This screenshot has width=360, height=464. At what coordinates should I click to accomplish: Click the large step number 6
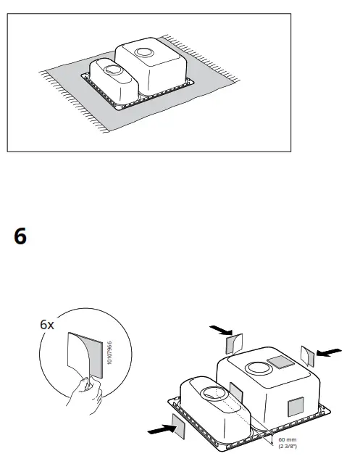coord(20,237)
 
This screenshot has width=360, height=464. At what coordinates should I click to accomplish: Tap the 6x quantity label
coord(47,325)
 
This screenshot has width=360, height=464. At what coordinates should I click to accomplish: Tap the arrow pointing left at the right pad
coord(329,352)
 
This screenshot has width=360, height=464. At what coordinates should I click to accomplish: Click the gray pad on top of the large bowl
coord(278,362)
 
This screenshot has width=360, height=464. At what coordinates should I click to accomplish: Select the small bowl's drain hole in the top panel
coord(114,70)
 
